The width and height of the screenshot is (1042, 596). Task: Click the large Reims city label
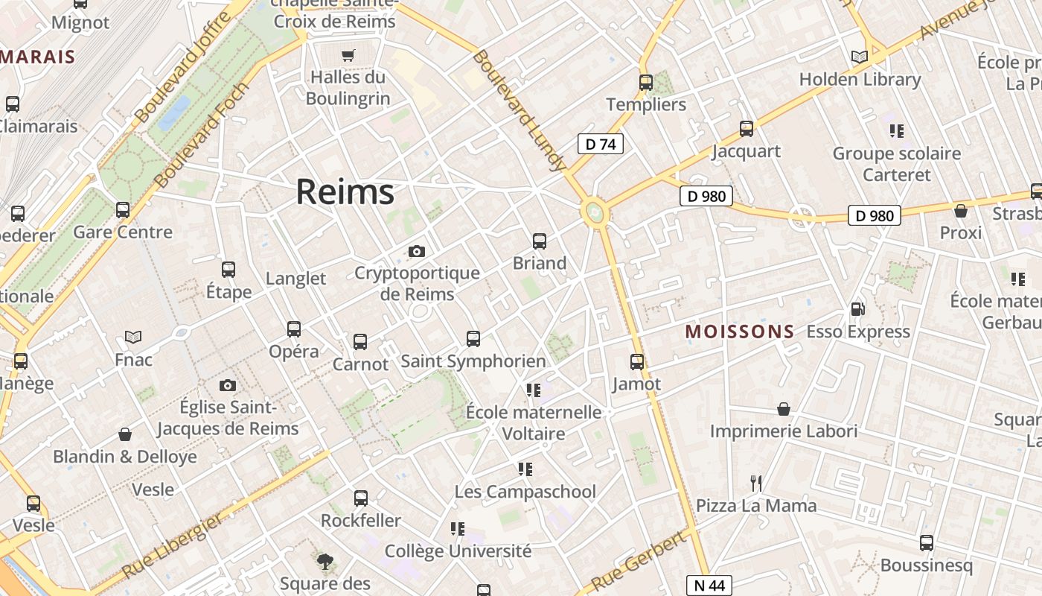[345, 192]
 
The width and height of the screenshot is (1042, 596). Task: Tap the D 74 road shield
[600, 144]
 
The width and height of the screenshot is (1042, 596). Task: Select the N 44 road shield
[709, 586]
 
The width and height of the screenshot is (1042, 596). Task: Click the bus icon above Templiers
[646, 83]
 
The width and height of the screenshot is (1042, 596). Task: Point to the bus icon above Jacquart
[746, 129]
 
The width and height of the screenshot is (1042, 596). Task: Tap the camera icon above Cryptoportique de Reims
[417, 251]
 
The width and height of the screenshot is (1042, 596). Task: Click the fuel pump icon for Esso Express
[857, 309]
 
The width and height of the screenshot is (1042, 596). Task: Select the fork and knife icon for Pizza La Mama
[756, 484]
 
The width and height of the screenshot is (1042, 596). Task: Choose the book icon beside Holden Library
[859, 57]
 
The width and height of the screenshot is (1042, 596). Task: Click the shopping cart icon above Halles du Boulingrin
[348, 55]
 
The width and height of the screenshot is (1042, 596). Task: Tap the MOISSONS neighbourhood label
[740, 332]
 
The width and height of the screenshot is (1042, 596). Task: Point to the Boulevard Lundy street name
[519, 111]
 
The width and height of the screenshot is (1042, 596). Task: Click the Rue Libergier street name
[172, 546]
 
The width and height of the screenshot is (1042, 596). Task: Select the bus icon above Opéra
[294, 329]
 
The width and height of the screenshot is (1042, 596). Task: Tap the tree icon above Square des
[325, 561]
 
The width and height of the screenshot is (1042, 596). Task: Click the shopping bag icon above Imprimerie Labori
[783, 409]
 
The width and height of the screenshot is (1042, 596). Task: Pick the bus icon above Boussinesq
[926, 543]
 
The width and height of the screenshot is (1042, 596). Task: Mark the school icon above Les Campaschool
[525, 469]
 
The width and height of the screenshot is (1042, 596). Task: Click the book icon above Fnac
[133, 337]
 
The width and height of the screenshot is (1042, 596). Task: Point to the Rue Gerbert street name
[639, 560]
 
